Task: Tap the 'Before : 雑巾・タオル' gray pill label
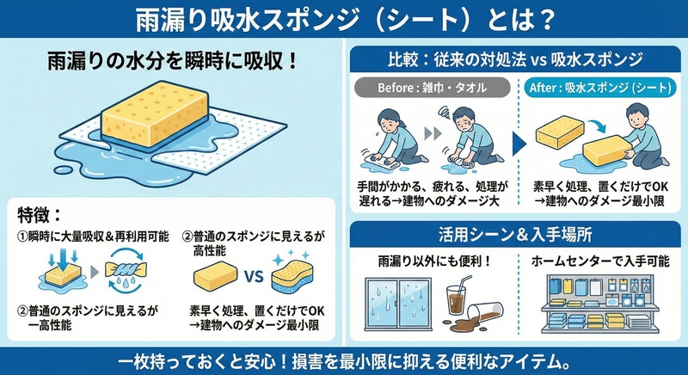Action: (x=433, y=87)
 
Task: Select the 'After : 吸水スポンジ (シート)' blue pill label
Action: (x=600, y=87)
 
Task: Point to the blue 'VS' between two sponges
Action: (x=253, y=277)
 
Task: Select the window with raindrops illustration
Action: (x=398, y=304)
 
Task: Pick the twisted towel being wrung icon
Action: (x=126, y=269)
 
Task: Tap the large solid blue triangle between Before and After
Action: (x=519, y=144)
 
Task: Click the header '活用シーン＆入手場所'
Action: (x=515, y=235)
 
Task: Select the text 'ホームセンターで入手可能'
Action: (x=600, y=261)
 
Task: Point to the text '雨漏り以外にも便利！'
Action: (x=434, y=261)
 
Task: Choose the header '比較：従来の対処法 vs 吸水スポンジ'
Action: (x=515, y=58)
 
